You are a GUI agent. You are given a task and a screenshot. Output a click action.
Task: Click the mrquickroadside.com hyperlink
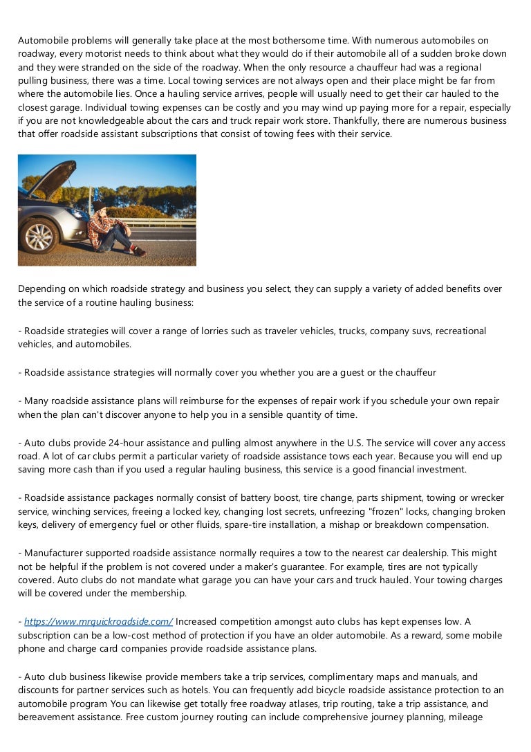point(98,622)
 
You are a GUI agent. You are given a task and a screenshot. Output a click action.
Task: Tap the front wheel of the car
point(39,237)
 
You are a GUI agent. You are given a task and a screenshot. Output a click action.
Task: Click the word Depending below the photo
point(42,288)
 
